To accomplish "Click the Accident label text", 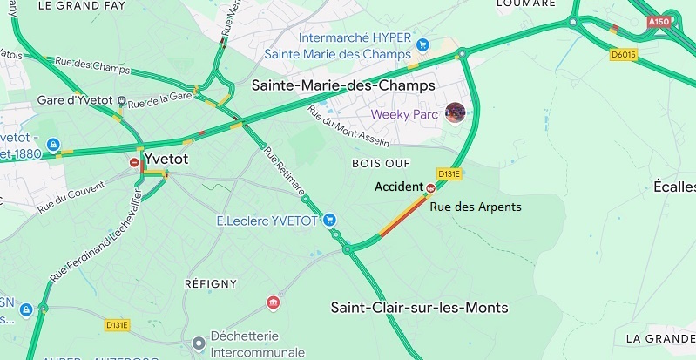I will pyautogui.click(x=398, y=187).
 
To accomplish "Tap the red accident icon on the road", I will pyautogui.click(x=430, y=187).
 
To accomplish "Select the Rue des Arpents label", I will pyautogui.click(x=476, y=207).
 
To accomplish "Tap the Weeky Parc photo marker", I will pyautogui.click(x=455, y=113).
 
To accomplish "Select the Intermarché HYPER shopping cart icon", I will pyautogui.click(x=423, y=44).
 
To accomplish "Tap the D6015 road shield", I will pyautogui.click(x=623, y=54).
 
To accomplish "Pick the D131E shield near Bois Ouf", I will pyautogui.click(x=449, y=173).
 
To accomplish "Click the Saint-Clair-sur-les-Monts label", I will pyautogui.click(x=419, y=308).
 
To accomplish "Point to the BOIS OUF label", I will pyautogui.click(x=375, y=163).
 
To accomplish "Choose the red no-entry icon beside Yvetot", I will pyautogui.click(x=134, y=161).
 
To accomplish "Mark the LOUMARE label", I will pyautogui.click(x=525, y=4).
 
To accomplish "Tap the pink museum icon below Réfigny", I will pyautogui.click(x=274, y=302).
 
